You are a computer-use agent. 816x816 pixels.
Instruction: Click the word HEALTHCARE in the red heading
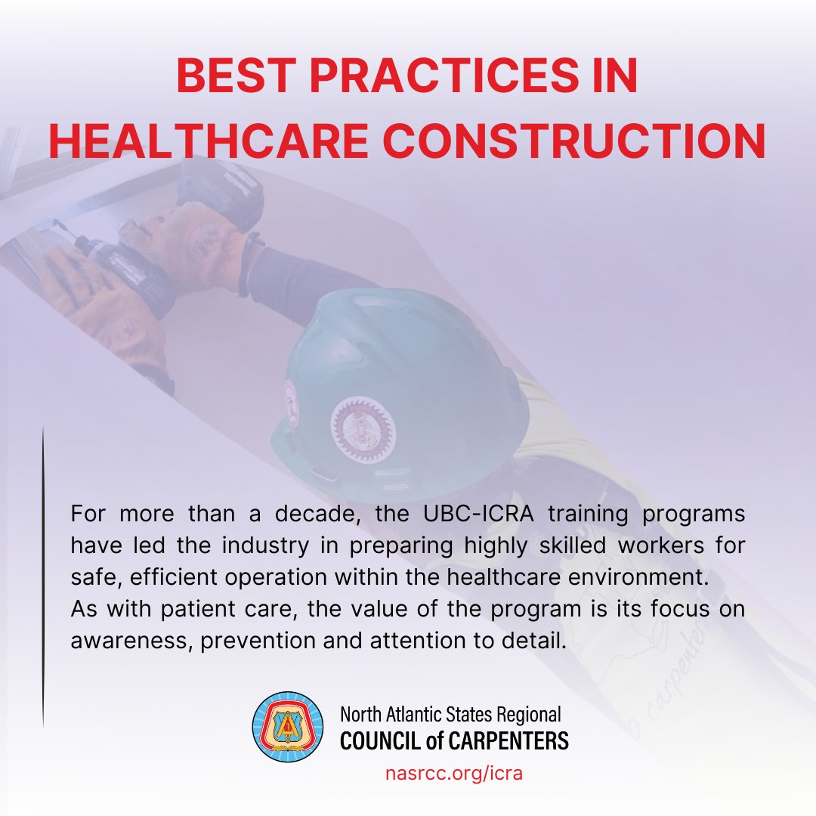[x=209, y=141]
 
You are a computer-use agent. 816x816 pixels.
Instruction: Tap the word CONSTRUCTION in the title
[x=574, y=141]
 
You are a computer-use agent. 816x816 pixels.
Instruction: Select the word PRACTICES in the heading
[x=444, y=76]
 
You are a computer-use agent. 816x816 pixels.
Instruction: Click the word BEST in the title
[x=236, y=76]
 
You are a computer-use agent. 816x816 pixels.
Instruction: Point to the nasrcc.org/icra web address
[x=454, y=774]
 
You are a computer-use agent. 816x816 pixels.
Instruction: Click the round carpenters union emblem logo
[x=288, y=727]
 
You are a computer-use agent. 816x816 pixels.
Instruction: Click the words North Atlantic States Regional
[x=450, y=715]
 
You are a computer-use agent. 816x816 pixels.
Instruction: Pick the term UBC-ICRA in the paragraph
[x=479, y=514]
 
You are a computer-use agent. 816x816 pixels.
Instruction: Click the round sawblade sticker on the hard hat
[x=363, y=428]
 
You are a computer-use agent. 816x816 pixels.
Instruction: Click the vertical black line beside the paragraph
[x=43, y=576]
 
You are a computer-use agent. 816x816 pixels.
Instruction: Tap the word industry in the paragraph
[x=265, y=546]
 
